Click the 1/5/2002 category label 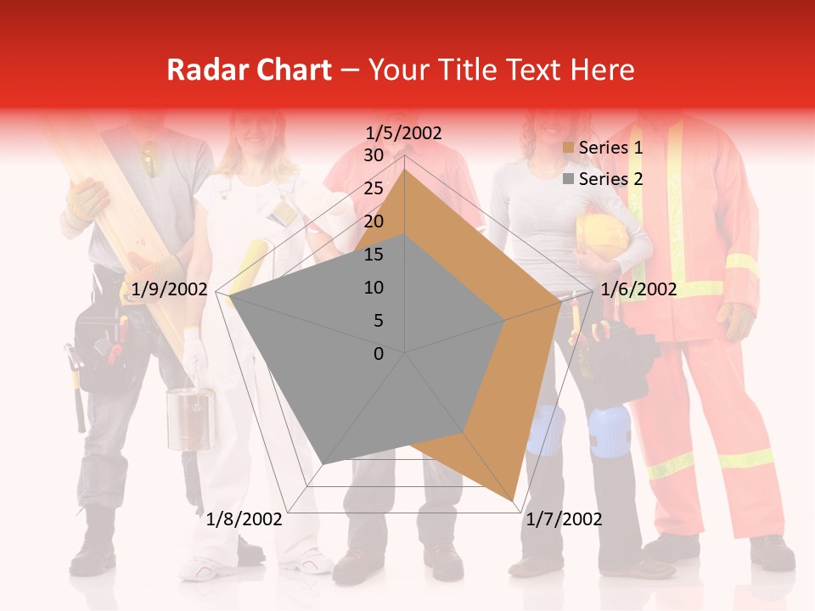click(x=404, y=133)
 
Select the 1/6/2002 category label click(x=638, y=289)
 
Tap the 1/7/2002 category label click(x=564, y=519)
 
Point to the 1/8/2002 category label click(x=244, y=519)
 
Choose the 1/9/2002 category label click(x=169, y=289)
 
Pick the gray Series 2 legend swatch click(x=569, y=179)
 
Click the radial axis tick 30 click(x=374, y=155)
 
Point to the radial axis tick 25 click(x=374, y=188)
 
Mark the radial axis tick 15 click(x=374, y=255)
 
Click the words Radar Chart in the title click(x=249, y=70)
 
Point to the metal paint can click(x=190, y=418)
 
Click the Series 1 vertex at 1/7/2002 click(x=514, y=501)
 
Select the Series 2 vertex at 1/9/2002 click(x=231, y=296)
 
